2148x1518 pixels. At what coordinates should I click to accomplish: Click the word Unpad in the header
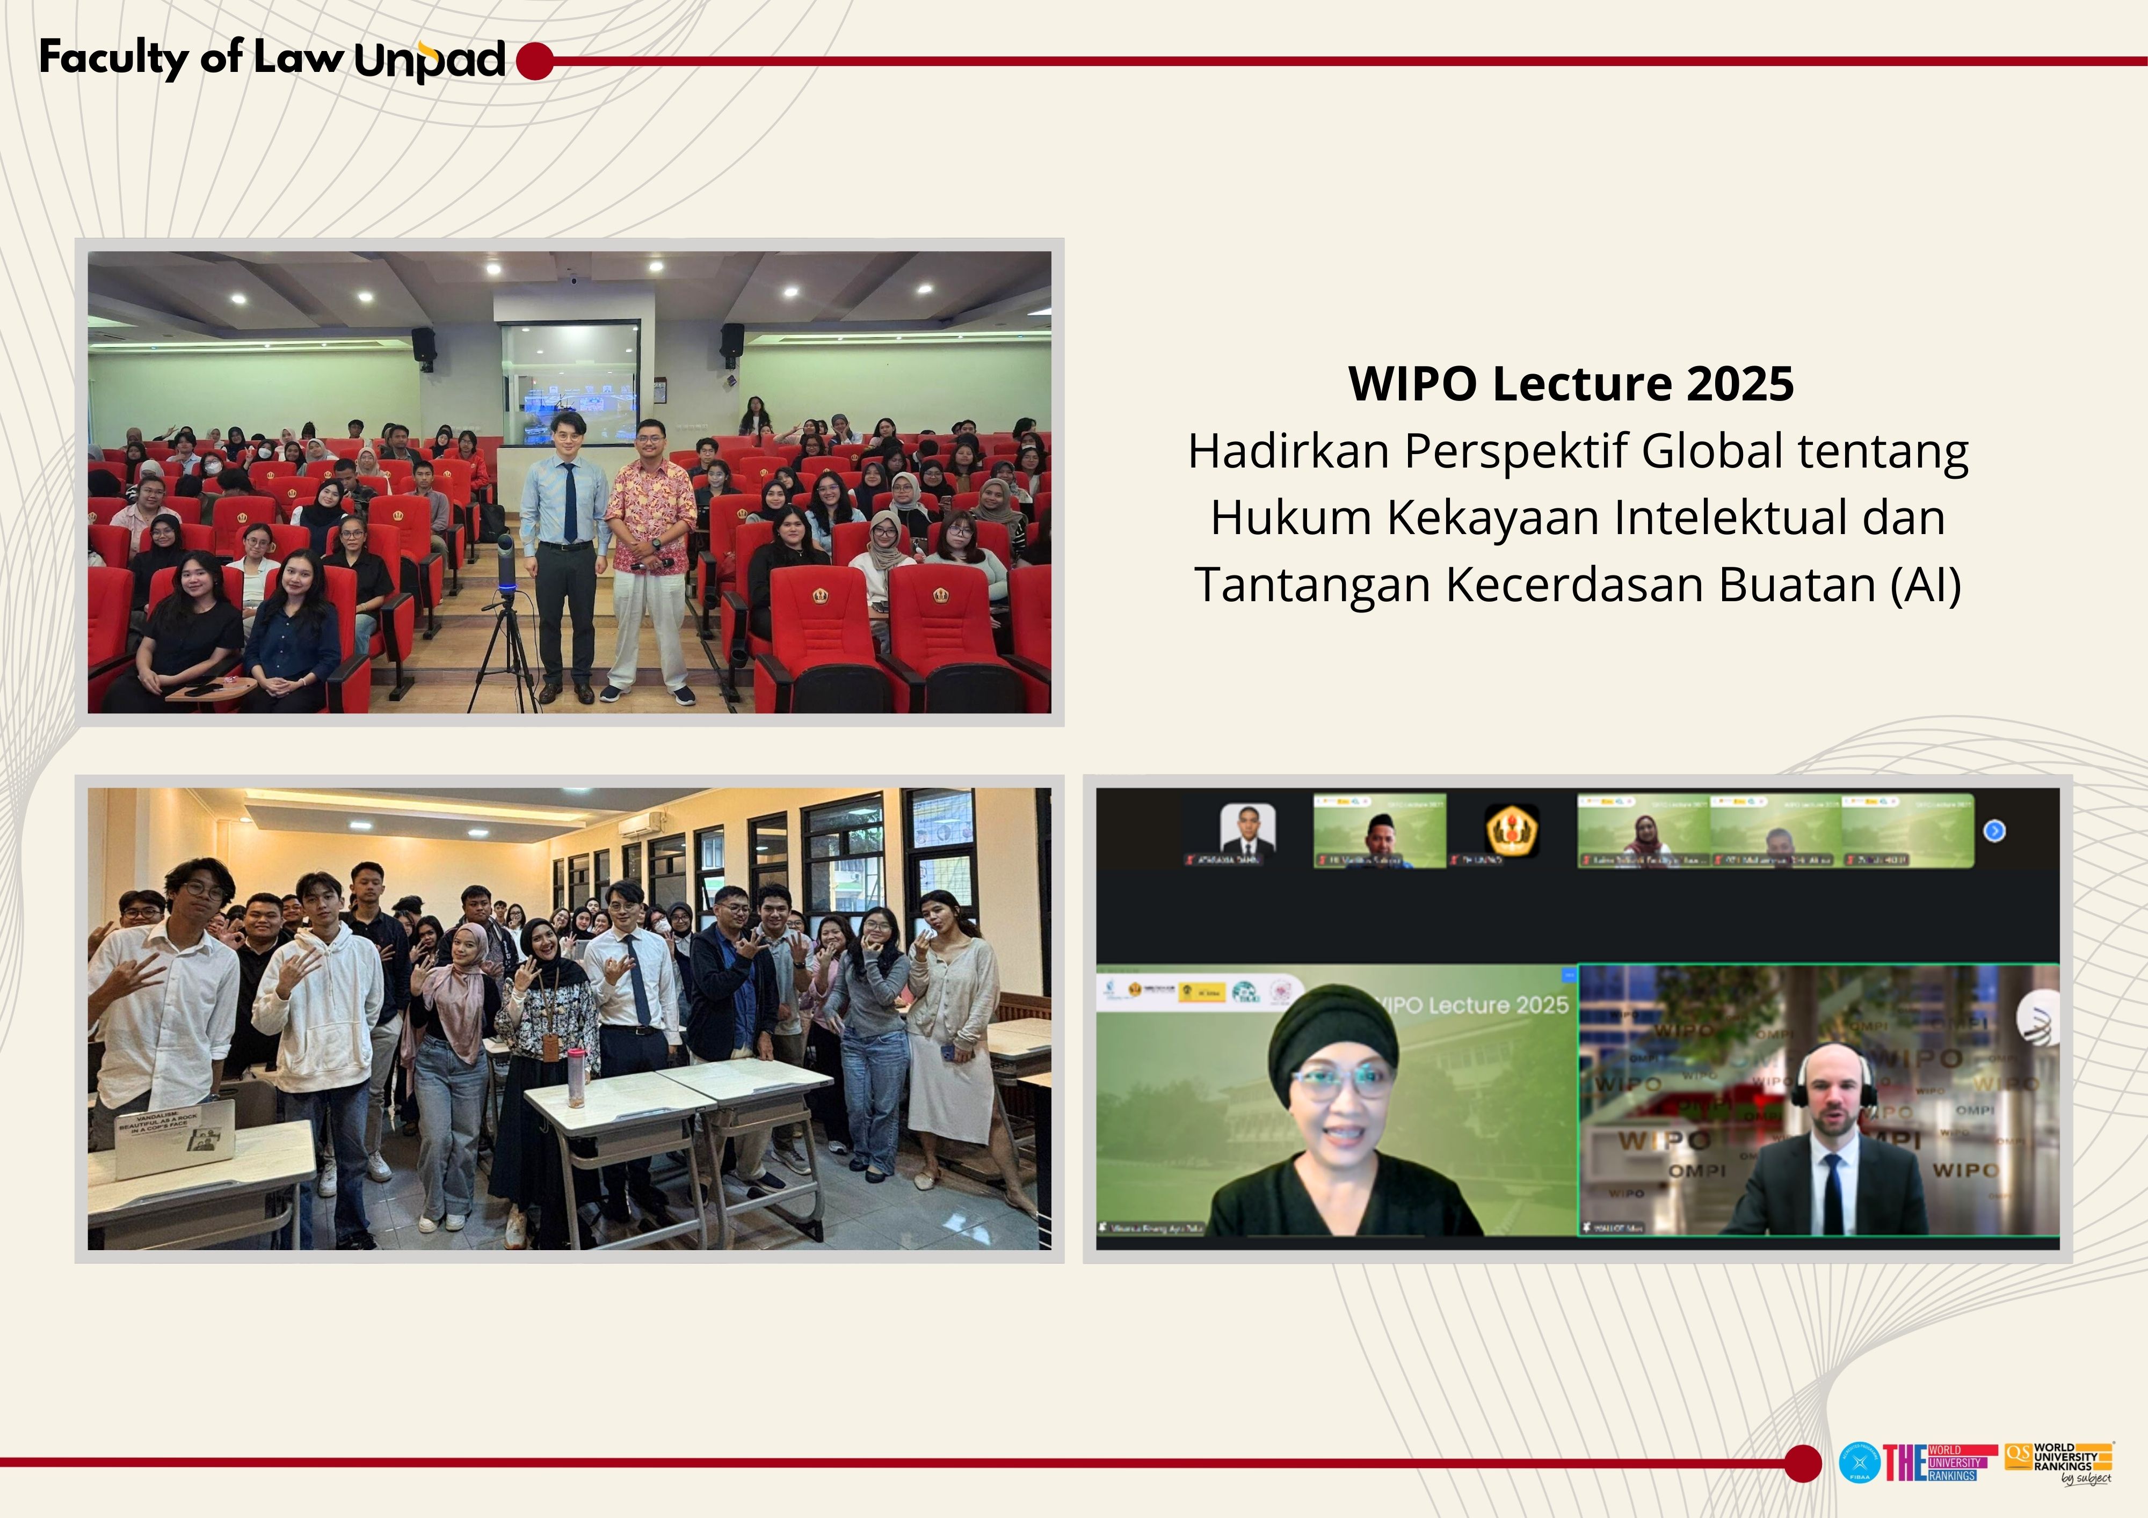[430, 60]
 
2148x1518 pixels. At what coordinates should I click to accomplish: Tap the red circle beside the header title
[534, 61]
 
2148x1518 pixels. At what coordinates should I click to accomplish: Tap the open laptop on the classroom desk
[175, 1136]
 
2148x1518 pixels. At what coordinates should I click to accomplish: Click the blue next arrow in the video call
[1994, 830]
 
